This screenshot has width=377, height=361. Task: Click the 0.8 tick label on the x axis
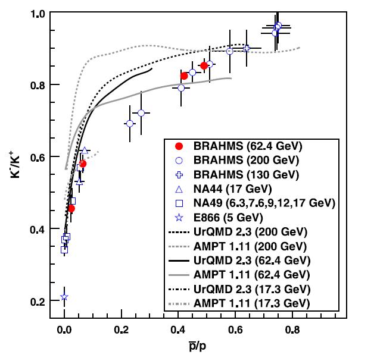tap(292, 329)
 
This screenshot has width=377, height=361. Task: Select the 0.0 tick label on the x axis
tap(64, 329)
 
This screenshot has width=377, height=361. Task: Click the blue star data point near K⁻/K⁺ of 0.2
tap(64, 297)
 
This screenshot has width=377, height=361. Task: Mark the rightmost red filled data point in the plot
tap(204, 65)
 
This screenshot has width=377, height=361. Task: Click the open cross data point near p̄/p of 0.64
tap(247, 48)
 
